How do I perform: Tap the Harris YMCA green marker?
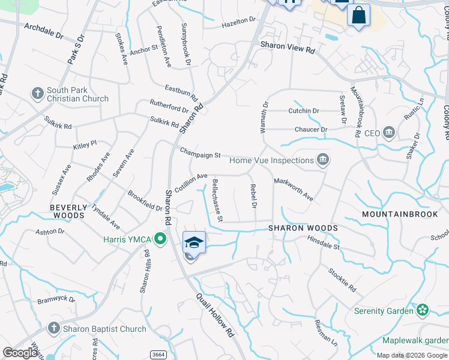160,239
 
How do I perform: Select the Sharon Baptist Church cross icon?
53,328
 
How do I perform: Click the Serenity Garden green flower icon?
423,310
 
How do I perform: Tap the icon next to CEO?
388,132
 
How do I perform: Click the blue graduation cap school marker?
194,242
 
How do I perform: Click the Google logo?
20,353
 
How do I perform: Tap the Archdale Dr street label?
43,31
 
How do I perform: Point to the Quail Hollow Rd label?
214,317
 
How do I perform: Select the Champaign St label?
200,154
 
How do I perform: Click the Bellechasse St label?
217,199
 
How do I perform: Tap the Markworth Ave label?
294,189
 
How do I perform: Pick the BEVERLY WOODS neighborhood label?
68,211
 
